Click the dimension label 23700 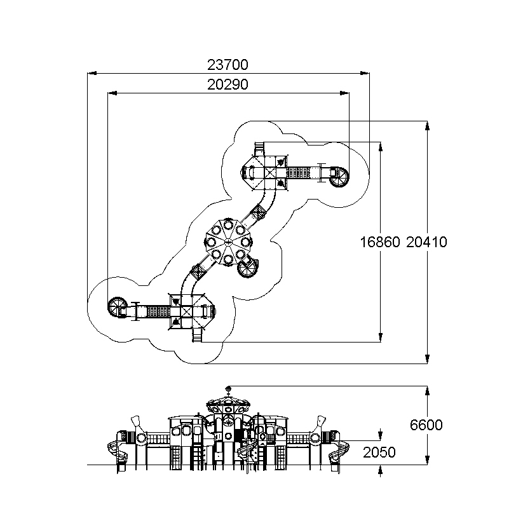pyautogui.click(x=228, y=65)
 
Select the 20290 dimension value pyautogui.click(x=228, y=85)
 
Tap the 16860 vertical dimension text pyautogui.click(x=380, y=242)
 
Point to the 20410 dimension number pyautogui.click(x=426, y=242)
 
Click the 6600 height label pyautogui.click(x=426, y=425)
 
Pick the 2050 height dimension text pyautogui.click(x=379, y=452)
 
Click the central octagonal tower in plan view pyautogui.click(x=228, y=241)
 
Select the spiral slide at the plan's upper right pyautogui.click(x=339, y=177)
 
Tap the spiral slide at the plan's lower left pyautogui.click(x=118, y=307)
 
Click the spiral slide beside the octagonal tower pyautogui.click(x=248, y=267)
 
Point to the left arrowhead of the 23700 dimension pyautogui.click(x=92, y=73)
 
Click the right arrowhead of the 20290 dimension pyautogui.click(x=345, y=93)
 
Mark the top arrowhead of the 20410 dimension pyautogui.click(x=427, y=125)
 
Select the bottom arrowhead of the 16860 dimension pyautogui.click(x=381, y=337)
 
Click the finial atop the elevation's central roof pyautogui.click(x=228, y=390)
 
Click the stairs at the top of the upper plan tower pyautogui.click(x=259, y=149)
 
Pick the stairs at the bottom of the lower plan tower pyautogui.click(x=198, y=335)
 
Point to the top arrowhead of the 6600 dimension pyautogui.click(x=427, y=390)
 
